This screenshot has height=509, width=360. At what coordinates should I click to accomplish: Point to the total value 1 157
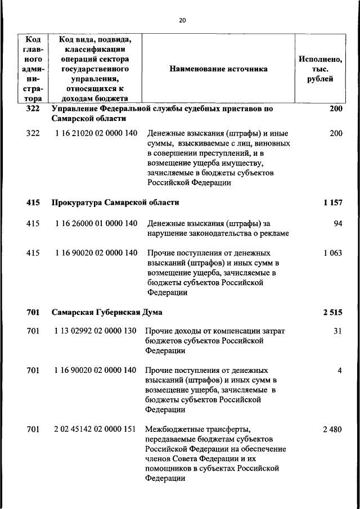pos(332,202)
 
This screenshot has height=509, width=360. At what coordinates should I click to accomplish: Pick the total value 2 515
pos(332,312)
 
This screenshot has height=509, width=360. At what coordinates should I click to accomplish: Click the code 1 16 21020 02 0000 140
pos(96,134)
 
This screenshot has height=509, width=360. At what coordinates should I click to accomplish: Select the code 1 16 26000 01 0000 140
pos(96,223)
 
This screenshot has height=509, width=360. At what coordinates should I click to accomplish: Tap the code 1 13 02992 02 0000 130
pos(96,331)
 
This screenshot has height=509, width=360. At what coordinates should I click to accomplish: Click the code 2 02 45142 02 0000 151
pos(96,429)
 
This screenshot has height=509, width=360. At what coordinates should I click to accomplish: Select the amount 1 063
pos(332,253)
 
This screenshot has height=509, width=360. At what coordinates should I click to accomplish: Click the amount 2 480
pos(332,429)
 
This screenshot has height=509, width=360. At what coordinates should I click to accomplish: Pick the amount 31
pos(337,331)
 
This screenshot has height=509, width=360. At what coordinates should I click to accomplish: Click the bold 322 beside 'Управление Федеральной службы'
pos(33,109)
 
